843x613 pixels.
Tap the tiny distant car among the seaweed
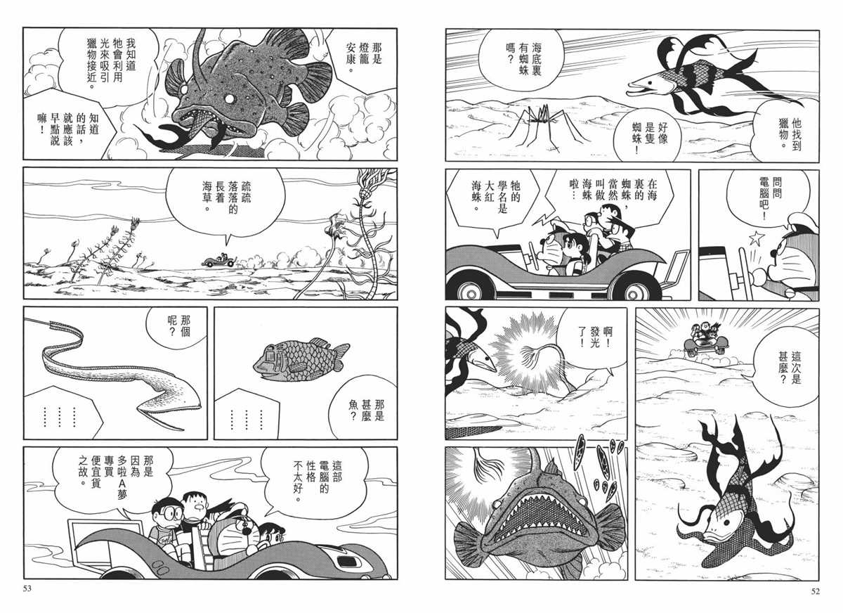(x=218, y=260)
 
